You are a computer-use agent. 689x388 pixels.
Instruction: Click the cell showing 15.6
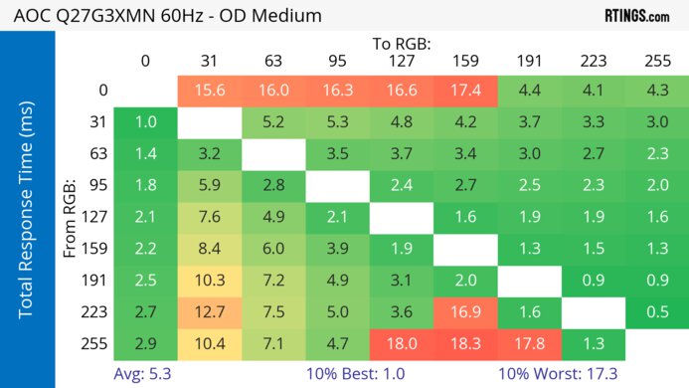click(x=210, y=91)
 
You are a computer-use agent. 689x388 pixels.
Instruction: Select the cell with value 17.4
click(x=465, y=91)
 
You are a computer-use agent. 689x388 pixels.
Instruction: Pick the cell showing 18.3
click(x=465, y=343)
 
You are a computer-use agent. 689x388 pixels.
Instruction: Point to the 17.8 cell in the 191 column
click(x=529, y=343)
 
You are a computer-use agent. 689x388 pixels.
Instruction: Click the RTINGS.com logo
click(x=636, y=16)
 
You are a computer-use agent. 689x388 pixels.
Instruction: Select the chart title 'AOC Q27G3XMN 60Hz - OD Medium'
click(x=165, y=16)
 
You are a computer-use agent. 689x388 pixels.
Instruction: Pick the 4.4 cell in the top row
click(x=529, y=91)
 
